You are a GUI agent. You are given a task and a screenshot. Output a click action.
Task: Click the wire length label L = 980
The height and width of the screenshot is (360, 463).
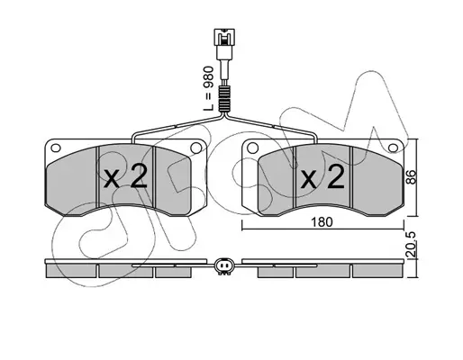click(208, 89)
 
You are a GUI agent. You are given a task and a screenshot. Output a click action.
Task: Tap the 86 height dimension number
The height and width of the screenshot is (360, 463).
click(412, 177)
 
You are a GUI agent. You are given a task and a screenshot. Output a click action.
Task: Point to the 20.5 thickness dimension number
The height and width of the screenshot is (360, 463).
click(412, 244)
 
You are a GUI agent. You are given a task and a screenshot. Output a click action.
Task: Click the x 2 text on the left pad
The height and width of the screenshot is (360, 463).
click(125, 176)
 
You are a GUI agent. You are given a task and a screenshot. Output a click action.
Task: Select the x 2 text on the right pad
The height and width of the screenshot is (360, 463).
click(322, 177)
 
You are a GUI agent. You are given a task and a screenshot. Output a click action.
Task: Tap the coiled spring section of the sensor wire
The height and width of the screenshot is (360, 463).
click(224, 99)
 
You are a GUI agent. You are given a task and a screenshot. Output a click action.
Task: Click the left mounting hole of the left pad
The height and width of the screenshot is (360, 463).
click(56, 148)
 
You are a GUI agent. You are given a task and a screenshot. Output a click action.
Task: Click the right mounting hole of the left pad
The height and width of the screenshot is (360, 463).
click(195, 148)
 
